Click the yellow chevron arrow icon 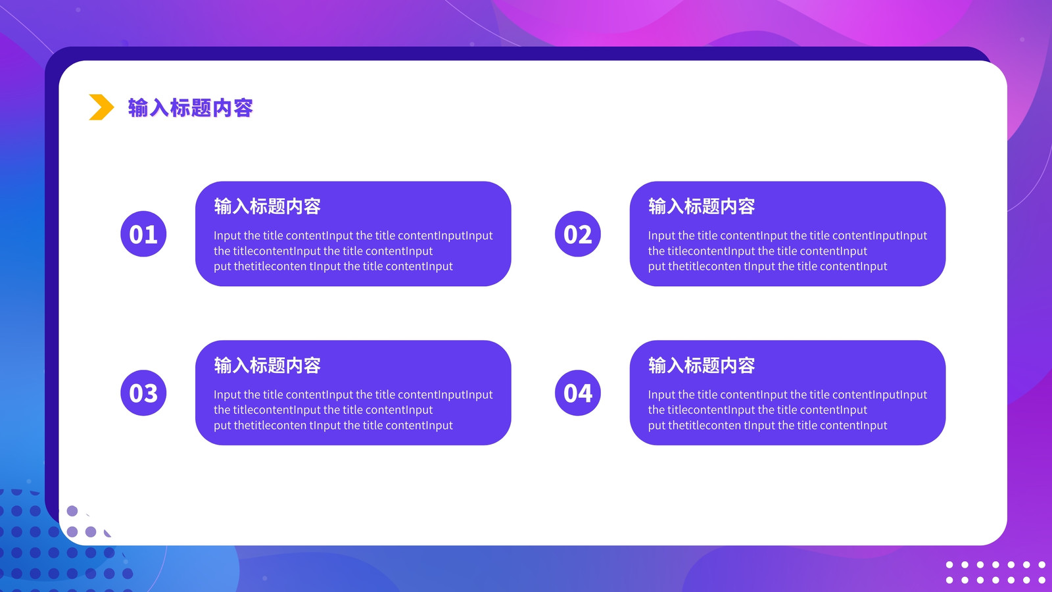101,107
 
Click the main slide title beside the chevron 191,108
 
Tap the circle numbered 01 143,234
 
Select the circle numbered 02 578,234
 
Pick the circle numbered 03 143,393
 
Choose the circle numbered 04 578,393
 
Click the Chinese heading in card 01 267,207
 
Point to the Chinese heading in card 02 702,207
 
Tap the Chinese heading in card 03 267,365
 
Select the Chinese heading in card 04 702,365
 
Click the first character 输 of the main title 138,108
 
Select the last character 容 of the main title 243,108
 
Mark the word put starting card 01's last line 222,267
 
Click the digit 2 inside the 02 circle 585,234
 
